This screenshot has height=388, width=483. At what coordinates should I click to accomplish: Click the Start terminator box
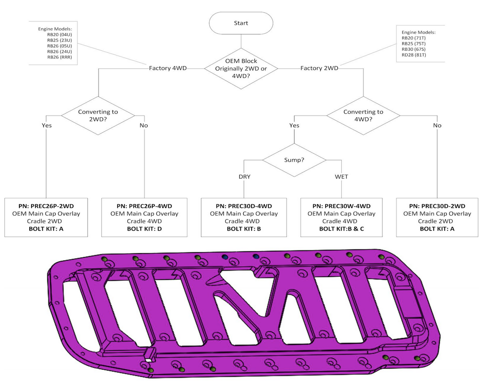241,23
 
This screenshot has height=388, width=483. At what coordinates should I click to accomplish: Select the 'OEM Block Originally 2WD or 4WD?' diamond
241,68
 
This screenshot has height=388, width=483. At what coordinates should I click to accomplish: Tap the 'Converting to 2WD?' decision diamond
98,115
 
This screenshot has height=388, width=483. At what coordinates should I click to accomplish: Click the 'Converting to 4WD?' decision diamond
363,115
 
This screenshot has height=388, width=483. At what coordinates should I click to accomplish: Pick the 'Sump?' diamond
294,160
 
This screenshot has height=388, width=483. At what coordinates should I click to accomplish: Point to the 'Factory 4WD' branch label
168,68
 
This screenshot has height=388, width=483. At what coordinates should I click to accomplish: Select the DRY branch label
244,177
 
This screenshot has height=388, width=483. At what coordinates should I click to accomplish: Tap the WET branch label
342,177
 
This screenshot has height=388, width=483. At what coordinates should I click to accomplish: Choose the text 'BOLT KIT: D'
144,229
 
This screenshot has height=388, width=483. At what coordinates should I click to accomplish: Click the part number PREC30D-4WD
244,206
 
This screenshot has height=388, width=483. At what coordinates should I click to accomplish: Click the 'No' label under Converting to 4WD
437,125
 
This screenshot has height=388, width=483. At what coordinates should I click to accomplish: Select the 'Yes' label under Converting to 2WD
46,125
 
